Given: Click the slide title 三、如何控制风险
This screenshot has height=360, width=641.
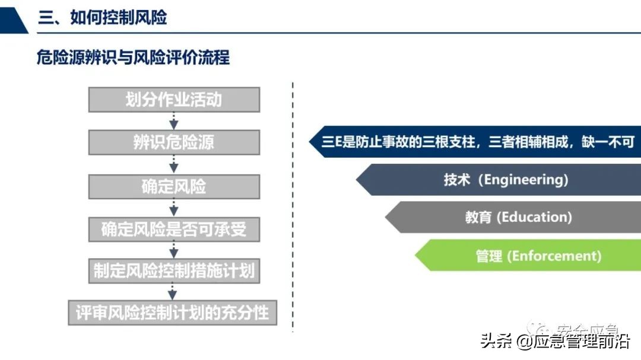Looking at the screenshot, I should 103,17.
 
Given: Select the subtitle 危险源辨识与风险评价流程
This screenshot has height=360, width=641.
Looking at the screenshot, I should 133,58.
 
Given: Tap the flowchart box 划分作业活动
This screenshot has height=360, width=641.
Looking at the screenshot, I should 174,100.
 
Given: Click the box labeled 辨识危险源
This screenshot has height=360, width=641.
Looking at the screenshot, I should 174,143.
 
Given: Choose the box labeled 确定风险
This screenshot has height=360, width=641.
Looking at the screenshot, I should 174,186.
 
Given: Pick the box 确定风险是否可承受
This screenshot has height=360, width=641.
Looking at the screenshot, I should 174,229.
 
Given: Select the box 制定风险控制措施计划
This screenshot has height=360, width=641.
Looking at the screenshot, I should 174,270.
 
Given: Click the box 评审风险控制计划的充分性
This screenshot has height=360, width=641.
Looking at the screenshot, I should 173,312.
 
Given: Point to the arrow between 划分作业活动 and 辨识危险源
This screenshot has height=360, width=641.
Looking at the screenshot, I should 174,121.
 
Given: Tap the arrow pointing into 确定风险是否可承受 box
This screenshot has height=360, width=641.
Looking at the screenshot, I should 174,208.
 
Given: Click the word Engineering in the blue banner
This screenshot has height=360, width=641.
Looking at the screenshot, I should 526,180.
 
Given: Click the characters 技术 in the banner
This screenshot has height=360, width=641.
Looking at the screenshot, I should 456,180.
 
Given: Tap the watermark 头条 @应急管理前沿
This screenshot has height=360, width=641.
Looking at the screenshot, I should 555,342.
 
